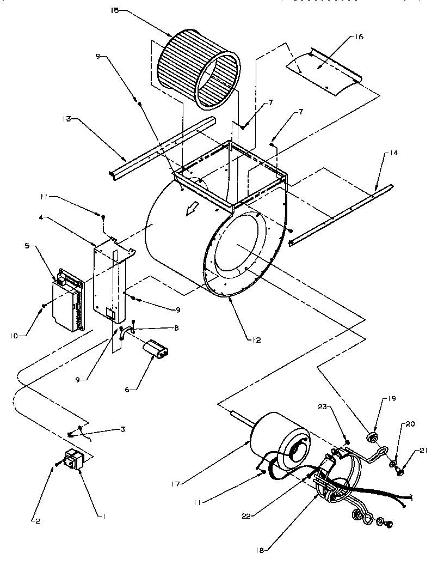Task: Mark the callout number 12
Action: [256, 341]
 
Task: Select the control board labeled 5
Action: [68, 300]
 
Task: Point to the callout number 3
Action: [124, 430]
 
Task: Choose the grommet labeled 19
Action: [372, 437]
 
